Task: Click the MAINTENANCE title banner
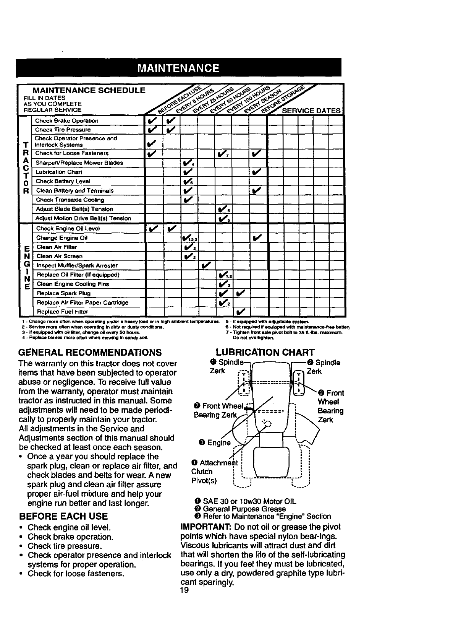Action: [178, 68]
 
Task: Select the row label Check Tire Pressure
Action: [63, 130]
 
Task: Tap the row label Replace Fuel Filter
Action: [62, 312]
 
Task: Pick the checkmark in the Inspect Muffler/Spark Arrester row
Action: [206, 265]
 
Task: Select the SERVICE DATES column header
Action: [311, 111]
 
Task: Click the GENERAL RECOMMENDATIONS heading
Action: [90, 352]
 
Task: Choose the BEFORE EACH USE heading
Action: [63, 516]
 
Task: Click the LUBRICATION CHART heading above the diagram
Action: [265, 352]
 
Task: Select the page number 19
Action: [184, 591]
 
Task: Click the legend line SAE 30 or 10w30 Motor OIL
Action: [245, 501]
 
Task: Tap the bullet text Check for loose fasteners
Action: [76, 574]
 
